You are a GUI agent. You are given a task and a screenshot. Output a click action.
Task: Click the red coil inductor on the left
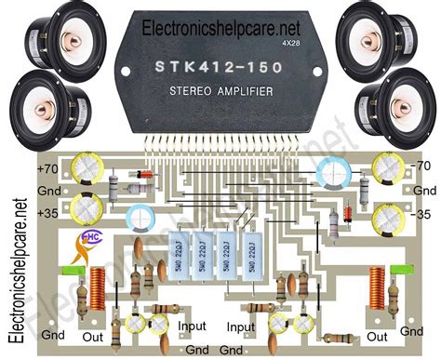(x=98, y=288)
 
